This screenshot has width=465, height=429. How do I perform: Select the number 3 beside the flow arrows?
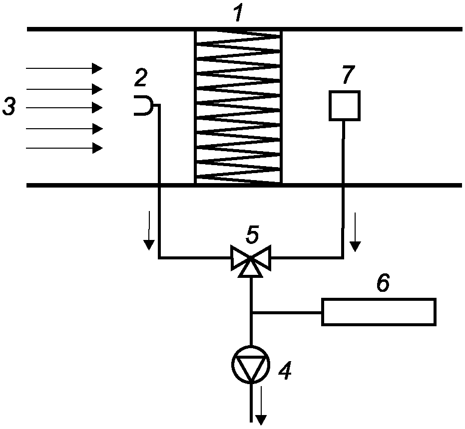[x=9, y=107]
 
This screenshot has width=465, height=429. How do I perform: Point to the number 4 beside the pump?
[x=285, y=371]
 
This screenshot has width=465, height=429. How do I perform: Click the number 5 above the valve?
[x=252, y=234]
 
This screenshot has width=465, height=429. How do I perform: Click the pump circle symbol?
[x=251, y=365]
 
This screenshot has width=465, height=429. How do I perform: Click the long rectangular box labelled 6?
[x=379, y=312]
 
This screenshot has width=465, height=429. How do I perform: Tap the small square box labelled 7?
[x=345, y=106]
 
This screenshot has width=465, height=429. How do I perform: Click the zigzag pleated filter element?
[x=238, y=107]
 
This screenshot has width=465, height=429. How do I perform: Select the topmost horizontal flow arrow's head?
[x=97, y=68]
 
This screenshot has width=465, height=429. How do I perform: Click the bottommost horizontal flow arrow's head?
[x=97, y=148]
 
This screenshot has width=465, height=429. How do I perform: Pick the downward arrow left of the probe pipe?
[x=149, y=231]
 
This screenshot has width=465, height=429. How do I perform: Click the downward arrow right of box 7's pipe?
[x=355, y=232]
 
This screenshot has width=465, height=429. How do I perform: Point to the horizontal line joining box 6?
[x=287, y=312]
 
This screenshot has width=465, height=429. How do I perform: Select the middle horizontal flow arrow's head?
[x=97, y=108]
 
